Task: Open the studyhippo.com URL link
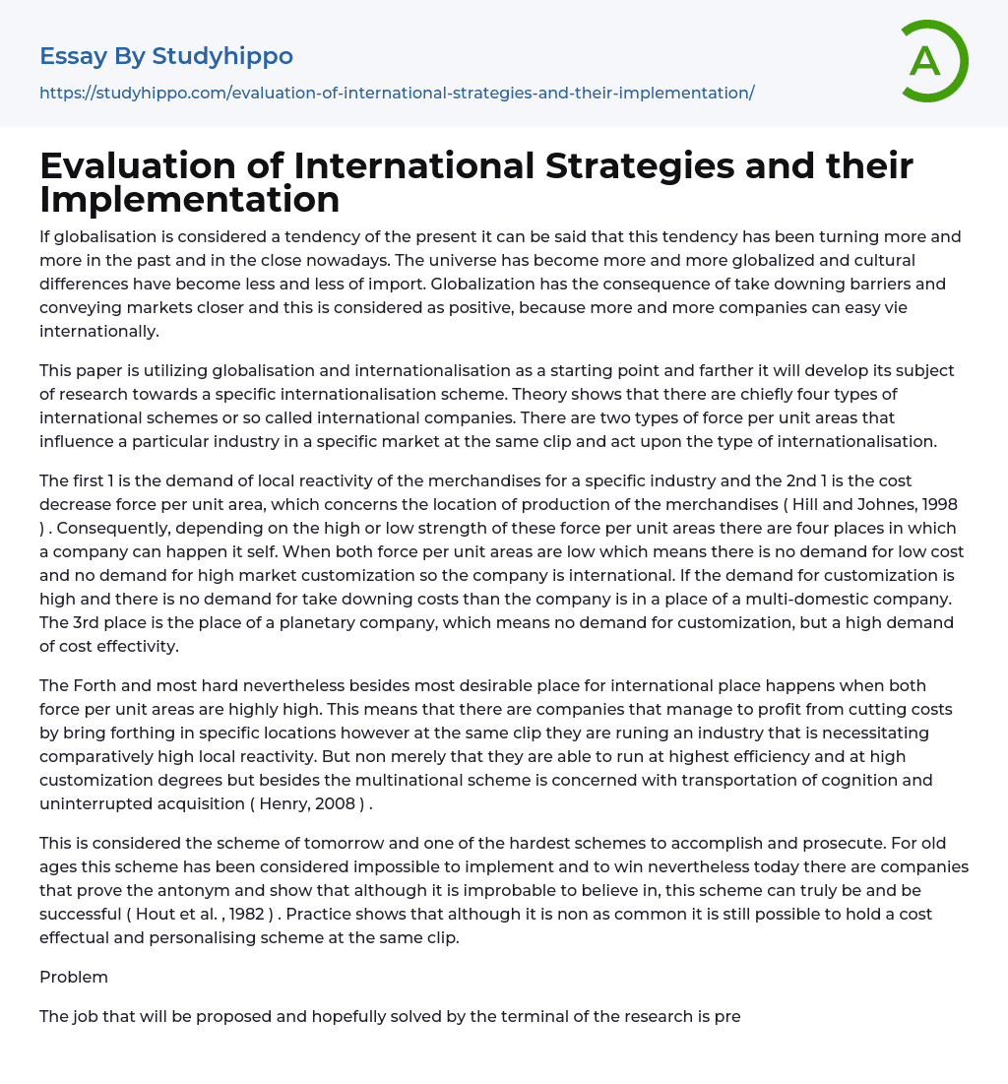[x=397, y=93]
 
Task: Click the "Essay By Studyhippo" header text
[x=166, y=56]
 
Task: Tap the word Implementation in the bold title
[x=190, y=199]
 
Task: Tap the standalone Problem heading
[x=74, y=977]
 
